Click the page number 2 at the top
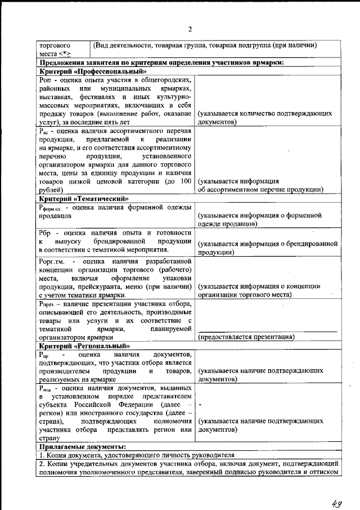(190, 29)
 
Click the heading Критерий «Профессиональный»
(93, 71)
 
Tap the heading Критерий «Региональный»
(85, 346)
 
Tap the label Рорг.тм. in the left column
(54, 262)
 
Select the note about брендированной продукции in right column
(267, 248)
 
